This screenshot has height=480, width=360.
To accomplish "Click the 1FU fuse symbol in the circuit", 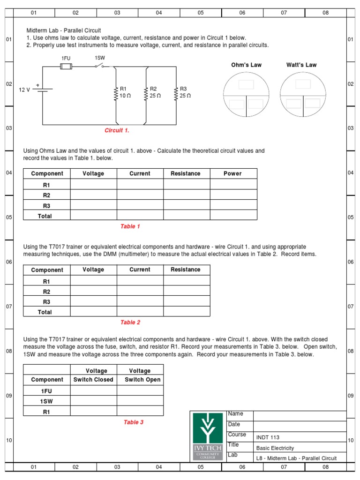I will [66, 67].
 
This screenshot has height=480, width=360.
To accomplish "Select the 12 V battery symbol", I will [44, 90].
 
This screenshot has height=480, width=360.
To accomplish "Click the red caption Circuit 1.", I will [117, 130].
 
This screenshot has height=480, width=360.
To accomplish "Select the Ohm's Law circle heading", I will [246, 65].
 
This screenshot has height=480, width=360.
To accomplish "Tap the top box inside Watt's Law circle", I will [303, 84].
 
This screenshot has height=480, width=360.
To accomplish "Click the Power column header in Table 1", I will [233, 173].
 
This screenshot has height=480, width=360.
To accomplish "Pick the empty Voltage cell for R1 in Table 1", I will [93, 184].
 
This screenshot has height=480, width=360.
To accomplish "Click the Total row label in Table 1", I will [45, 216].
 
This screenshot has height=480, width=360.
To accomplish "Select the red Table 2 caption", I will [130, 322].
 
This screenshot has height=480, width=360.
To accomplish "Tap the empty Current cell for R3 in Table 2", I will [140, 301].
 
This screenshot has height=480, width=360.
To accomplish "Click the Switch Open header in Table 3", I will [140, 380].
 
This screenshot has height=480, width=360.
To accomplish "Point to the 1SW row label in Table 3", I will [47, 401].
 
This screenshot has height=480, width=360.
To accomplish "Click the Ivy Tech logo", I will [208, 436].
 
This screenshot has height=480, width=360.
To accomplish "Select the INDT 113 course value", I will [268, 437].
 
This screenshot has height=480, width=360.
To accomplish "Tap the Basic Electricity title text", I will [275, 448].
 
